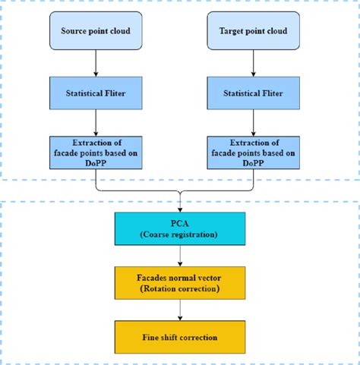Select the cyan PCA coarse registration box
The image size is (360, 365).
[180, 228]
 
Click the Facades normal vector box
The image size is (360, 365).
[180, 282]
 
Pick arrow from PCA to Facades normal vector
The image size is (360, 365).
[180, 255]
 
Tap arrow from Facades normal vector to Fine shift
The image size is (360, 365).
[180, 309]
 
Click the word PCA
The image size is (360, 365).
[180, 223]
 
